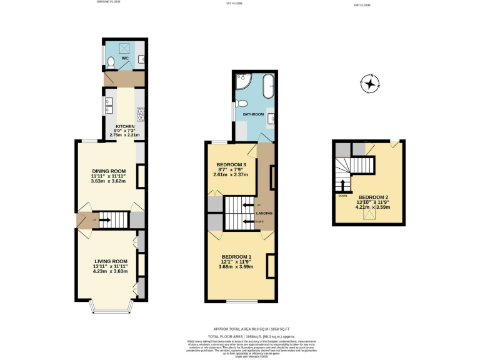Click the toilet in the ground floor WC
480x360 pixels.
110,62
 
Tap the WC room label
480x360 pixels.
124,58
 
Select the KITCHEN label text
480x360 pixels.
124,126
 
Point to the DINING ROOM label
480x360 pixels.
109,171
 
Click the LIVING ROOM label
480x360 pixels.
111,261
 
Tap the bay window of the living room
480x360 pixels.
110,307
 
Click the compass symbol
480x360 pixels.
370,83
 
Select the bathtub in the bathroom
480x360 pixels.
268,86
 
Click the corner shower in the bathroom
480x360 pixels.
242,82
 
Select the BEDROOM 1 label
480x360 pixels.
236,257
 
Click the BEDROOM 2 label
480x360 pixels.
373,197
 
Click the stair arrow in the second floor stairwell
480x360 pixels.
342,186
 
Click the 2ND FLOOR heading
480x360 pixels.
362,4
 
